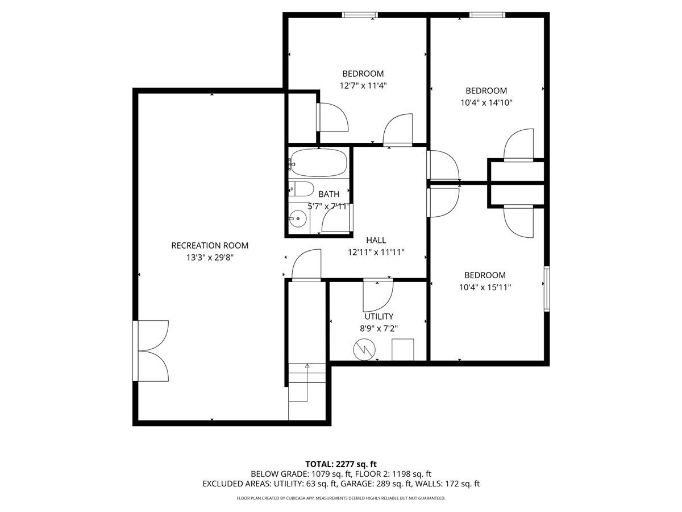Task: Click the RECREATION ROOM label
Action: point(210,246)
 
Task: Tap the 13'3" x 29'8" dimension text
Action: point(210,258)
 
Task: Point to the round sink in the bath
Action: point(296,217)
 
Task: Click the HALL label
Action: point(376,241)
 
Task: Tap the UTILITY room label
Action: point(379,316)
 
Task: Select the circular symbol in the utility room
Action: point(362,349)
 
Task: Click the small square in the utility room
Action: point(402,349)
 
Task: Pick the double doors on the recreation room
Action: point(151,350)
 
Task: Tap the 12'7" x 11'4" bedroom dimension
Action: point(363,86)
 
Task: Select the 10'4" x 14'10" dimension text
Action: point(486,103)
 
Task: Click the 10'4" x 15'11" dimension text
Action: point(485,287)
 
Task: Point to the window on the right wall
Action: point(547,288)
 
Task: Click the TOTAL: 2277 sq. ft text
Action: point(341,463)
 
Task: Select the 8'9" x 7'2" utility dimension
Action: point(379,328)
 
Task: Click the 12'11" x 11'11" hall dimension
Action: point(376,253)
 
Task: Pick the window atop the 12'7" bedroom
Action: point(359,15)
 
